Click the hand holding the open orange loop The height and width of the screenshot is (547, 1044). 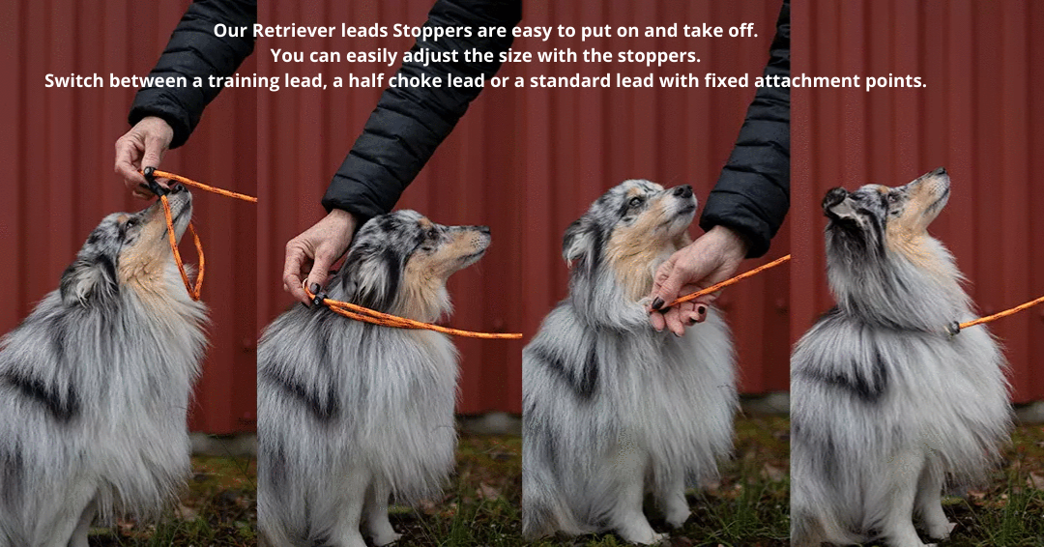coord(143,158)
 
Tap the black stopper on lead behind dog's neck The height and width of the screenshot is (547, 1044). coord(317,299)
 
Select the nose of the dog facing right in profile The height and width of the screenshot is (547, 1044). coord(484,231)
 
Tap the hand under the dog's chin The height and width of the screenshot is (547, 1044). coord(692,279)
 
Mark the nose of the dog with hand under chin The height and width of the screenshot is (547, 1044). coord(683,191)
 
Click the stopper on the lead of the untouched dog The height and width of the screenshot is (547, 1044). coord(954,328)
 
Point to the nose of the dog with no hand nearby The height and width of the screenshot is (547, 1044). coord(941,172)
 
